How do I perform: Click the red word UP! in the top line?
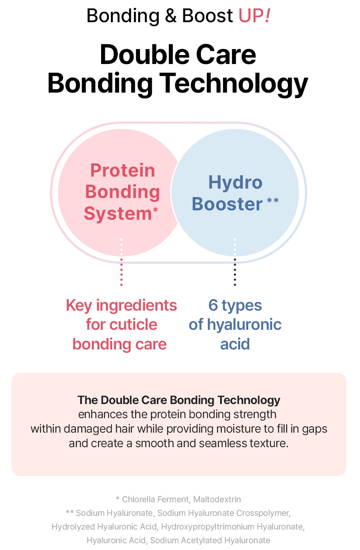pyautogui.click(x=254, y=16)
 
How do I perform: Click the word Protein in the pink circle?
pyautogui.click(x=122, y=171)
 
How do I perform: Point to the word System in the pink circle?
pyautogui.click(x=118, y=213)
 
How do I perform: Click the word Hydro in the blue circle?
pyautogui.click(x=235, y=183)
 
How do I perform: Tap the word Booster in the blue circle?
pyautogui.click(x=227, y=204)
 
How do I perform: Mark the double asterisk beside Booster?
pyautogui.click(x=273, y=200)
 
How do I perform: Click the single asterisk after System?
pyautogui.click(x=155, y=210)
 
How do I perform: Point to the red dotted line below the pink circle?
pyautogui.click(x=122, y=273)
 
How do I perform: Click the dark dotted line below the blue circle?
pyautogui.click(x=235, y=273)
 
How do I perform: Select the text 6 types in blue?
pyautogui.click(x=235, y=305)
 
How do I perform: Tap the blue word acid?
pyautogui.click(x=235, y=344)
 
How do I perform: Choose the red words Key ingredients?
pyautogui.click(x=121, y=305)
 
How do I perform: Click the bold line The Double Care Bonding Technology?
pyautogui.click(x=179, y=400)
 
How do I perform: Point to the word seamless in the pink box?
pyautogui.click(x=222, y=443)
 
